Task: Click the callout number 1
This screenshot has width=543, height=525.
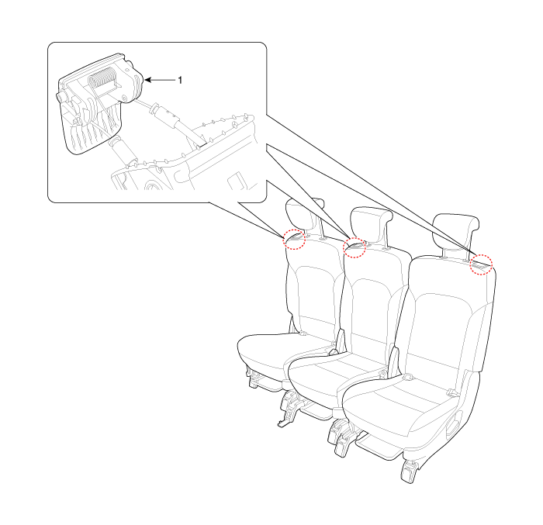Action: [x=180, y=80]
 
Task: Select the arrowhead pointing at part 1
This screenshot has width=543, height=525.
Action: [x=148, y=80]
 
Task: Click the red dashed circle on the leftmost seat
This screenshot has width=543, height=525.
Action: [x=294, y=239]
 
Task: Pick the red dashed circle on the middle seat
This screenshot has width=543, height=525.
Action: [x=355, y=247]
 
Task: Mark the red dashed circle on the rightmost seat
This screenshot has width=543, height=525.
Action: [x=482, y=264]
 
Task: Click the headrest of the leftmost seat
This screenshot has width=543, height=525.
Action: [x=304, y=214]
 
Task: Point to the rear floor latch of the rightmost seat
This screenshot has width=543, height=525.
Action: [x=409, y=471]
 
